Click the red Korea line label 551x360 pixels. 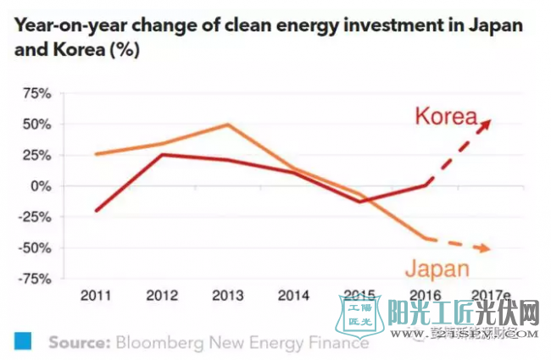click(446, 116)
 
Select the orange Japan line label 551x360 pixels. click(436, 269)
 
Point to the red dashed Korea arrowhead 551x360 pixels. click(486, 124)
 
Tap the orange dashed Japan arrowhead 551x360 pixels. click(486, 248)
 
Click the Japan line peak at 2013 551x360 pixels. click(227, 125)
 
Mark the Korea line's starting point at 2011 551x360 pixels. click(97, 211)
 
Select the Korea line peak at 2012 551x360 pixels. click(162, 154)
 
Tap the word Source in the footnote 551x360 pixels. click(76, 343)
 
